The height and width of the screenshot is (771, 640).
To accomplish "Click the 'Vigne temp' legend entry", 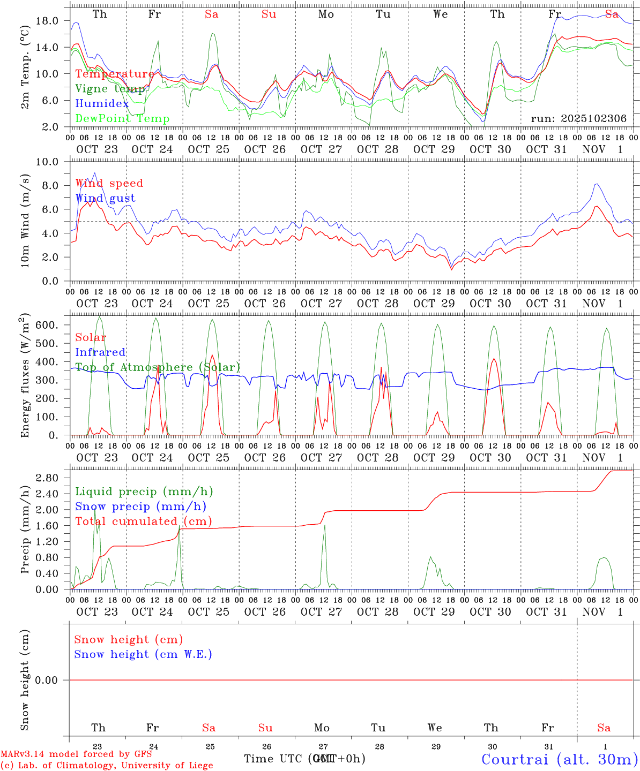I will coord(109,89).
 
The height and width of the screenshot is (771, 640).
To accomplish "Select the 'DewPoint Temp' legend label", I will coord(122,119).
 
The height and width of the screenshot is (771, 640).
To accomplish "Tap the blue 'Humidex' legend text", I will coord(102,104).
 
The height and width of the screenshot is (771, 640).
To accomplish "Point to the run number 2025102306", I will coord(579,119).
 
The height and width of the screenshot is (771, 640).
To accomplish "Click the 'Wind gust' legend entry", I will coord(105,198).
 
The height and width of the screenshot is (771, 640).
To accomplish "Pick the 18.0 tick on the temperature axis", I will coord(48,21).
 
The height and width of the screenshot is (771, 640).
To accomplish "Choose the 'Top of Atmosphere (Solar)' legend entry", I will coord(158,367).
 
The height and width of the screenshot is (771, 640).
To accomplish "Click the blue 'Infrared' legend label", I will coord(100,352).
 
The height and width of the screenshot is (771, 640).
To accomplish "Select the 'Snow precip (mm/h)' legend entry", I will coord(140,507).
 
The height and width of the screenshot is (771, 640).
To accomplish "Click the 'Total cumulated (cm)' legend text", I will coord(143,521).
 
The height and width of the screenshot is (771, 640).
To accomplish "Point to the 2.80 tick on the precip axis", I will coord(48,478).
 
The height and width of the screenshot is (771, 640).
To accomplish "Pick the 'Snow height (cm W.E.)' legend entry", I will coord(143,654).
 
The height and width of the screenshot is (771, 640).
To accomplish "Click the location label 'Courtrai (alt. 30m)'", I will coord(560,759).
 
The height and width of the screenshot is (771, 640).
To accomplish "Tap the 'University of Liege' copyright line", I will coord(107,766).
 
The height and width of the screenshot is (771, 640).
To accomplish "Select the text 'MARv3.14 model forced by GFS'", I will coord(76,754).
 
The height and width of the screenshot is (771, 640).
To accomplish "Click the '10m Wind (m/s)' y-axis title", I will coord(25,221).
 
